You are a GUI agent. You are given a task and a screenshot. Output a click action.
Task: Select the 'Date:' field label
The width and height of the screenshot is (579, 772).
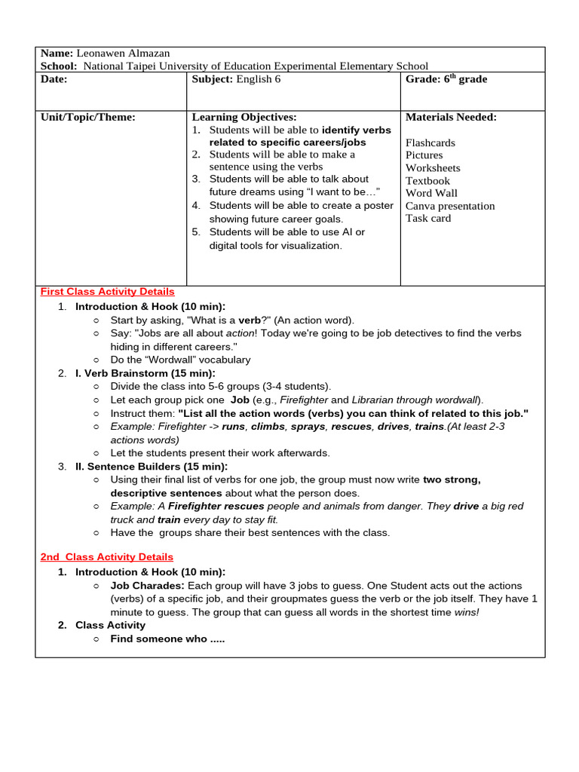pyautogui.click(x=54, y=79)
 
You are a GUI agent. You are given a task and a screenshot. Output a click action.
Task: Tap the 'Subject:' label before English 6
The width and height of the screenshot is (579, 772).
pyautogui.click(x=213, y=79)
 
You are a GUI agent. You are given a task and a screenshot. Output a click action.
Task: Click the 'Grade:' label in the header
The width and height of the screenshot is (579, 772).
pyautogui.click(x=422, y=79)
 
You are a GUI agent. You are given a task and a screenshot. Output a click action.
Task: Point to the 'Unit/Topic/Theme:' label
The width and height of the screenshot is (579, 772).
pyautogui.click(x=88, y=118)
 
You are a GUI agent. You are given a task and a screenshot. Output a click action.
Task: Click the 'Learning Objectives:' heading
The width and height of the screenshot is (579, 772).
pyautogui.click(x=244, y=118)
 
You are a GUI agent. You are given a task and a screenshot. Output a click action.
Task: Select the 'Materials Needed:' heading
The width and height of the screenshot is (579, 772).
pyautogui.click(x=451, y=118)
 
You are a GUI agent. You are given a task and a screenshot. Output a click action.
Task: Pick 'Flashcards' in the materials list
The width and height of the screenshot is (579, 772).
pyautogui.click(x=430, y=142)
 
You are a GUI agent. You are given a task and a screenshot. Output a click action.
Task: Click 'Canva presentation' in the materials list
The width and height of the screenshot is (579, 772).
pyautogui.click(x=450, y=206)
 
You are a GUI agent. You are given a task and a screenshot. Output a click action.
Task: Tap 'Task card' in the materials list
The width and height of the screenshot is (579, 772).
pyautogui.click(x=428, y=219)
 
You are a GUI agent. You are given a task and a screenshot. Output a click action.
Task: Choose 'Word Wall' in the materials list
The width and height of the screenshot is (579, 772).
pyautogui.click(x=431, y=193)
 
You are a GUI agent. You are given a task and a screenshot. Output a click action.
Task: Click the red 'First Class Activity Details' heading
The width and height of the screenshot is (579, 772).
pyautogui.click(x=107, y=292)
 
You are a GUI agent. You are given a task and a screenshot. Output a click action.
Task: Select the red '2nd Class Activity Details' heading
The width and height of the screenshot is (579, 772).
pyautogui.click(x=106, y=557)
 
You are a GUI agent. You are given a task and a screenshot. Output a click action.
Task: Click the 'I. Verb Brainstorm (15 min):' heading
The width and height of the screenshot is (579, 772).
pyautogui.click(x=145, y=373)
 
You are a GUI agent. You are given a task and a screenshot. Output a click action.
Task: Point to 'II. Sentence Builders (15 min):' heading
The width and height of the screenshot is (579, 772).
pyautogui.click(x=152, y=467)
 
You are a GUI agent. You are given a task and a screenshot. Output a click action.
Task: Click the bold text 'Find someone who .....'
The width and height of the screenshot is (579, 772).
pyautogui.click(x=167, y=639)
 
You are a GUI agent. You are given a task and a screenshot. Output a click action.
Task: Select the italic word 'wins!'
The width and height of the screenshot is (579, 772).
pyautogui.click(x=466, y=612)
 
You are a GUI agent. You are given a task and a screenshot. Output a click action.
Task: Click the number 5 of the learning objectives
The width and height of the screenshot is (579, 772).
pyautogui.click(x=196, y=232)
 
